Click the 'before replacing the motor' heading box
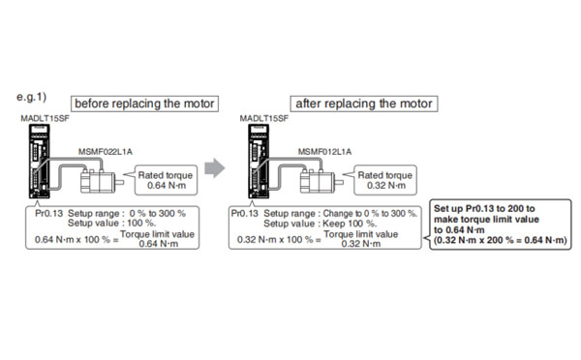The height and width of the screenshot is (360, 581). click(x=144, y=104)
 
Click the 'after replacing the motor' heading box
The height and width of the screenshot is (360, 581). click(x=364, y=104)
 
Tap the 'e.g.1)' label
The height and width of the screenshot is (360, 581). click(x=32, y=97)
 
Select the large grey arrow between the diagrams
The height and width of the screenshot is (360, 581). click(x=215, y=167)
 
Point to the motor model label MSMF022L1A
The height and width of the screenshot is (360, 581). click(x=106, y=152)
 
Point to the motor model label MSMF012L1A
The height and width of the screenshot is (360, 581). click(x=324, y=152)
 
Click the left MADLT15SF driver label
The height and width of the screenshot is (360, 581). click(x=46, y=118)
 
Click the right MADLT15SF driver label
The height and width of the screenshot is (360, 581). click(x=263, y=118)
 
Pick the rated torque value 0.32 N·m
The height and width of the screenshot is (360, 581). click(x=386, y=186)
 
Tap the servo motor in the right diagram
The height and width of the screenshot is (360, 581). click(x=321, y=181)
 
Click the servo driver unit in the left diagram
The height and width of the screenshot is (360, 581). click(x=40, y=161)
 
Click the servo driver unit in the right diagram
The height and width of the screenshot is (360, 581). click(x=259, y=161)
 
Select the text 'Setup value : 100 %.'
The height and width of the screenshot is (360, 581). click(x=112, y=223)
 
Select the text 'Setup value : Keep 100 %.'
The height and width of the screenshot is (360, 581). click(x=321, y=224)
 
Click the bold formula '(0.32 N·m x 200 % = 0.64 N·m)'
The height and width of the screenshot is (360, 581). click(x=501, y=240)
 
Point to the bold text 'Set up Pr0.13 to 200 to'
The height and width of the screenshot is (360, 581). click(x=484, y=208)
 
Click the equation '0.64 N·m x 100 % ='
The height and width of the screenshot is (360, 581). click(x=76, y=240)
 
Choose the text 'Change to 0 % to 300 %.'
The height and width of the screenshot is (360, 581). click(x=370, y=213)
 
